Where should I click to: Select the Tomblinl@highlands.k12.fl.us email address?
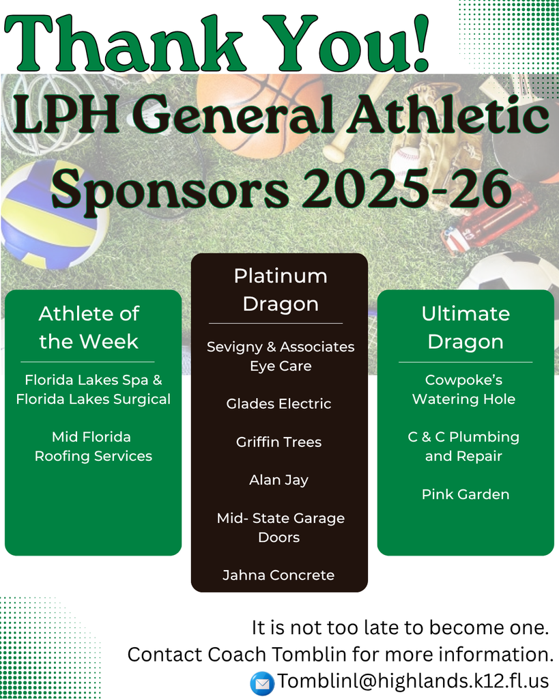coord(412,681)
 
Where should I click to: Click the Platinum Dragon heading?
coord(280,289)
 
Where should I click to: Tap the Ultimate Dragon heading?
coord(465,328)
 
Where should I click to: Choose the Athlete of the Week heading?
coord(89,328)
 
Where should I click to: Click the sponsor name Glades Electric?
coord(278,404)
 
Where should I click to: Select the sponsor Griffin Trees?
coord(278,442)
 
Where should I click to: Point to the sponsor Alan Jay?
coord(278,480)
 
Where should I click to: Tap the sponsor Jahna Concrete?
coord(278,575)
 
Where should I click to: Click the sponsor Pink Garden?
coord(465,494)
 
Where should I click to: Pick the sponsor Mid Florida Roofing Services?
coord(94,446)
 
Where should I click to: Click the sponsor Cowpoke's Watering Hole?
coord(464,389)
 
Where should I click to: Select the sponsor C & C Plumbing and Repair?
coord(464,446)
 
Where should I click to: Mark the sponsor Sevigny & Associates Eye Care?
coord(281,356)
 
